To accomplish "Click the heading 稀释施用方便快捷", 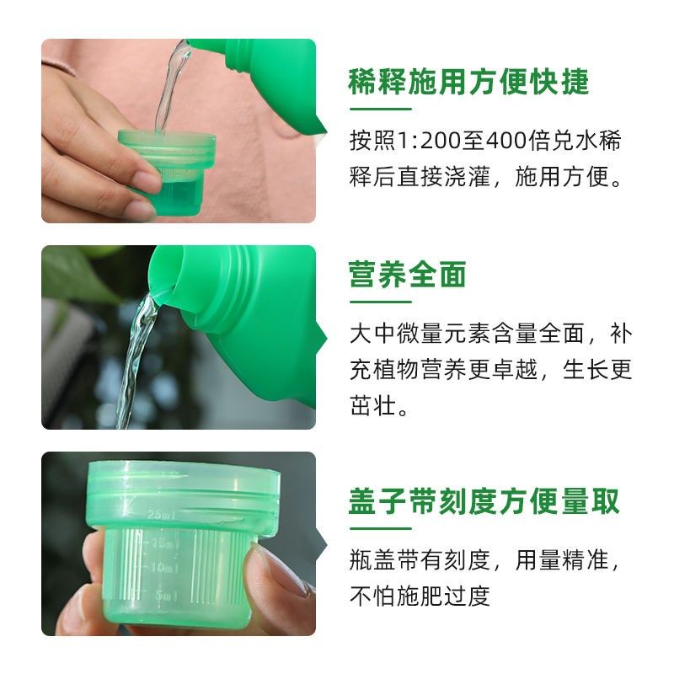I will (x=468, y=83).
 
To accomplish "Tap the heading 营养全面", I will (x=408, y=275).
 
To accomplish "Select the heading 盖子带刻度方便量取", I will (x=484, y=501).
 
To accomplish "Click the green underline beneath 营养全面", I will (x=380, y=302).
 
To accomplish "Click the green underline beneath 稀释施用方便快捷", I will (x=380, y=109).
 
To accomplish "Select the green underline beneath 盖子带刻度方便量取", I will (x=380, y=528).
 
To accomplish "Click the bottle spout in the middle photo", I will (x=165, y=278).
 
